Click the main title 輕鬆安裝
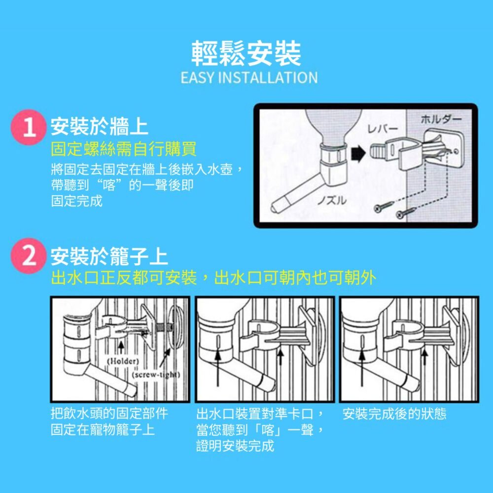[x=246, y=53]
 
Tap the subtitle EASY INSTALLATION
[x=249, y=78]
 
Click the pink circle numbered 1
[x=28, y=127]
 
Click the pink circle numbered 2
[x=28, y=256]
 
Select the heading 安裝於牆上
[x=100, y=127]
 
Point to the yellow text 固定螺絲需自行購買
[x=124, y=149]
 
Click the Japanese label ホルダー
[x=441, y=119]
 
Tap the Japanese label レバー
[x=383, y=128]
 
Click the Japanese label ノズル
[x=332, y=200]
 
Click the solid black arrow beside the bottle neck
[x=358, y=154]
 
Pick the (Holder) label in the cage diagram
[x=123, y=361]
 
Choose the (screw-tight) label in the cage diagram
[x=156, y=375]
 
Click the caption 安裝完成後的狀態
[x=394, y=414]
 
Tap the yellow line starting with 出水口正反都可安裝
[x=213, y=278]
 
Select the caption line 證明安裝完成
[x=235, y=446]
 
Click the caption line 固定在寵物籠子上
[x=103, y=430]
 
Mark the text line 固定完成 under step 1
[x=77, y=201]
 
